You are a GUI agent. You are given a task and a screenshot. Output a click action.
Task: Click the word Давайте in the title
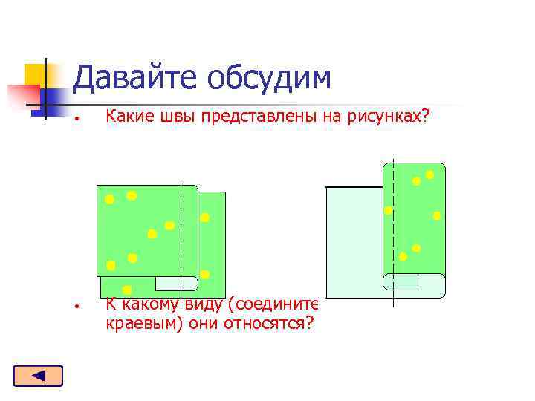pos(134,78)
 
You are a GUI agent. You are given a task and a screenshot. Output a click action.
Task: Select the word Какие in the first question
pos(126,117)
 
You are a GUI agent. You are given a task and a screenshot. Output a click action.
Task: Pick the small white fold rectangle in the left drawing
pos(176,283)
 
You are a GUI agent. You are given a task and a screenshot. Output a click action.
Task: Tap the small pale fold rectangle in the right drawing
pos(401,282)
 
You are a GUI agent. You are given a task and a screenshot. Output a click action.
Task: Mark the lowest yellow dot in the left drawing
pos(127,290)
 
